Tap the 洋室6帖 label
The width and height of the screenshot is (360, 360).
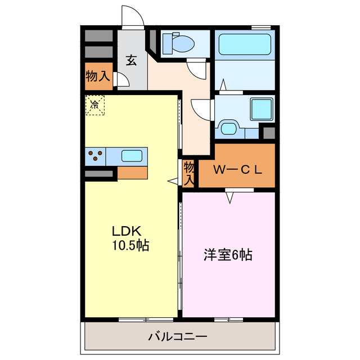pyautogui.click(x=228, y=255)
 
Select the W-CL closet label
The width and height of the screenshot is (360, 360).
pyautogui.click(x=237, y=168)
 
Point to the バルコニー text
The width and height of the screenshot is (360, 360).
pyautogui.click(x=178, y=337)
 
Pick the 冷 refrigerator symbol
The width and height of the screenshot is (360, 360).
pyautogui.click(x=95, y=105)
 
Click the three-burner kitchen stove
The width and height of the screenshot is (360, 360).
pyautogui.click(x=95, y=156)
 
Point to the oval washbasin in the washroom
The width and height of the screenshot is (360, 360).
pyautogui.click(x=229, y=128)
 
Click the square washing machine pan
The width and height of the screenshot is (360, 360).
pyautogui.click(x=262, y=108)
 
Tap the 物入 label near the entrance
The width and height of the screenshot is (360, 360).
pyautogui.click(x=97, y=76)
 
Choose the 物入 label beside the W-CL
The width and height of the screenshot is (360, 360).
pyautogui.click(x=189, y=173)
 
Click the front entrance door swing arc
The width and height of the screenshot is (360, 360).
pyautogui.click(x=133, y=17)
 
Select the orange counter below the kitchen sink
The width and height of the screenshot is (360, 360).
pyautogui.click(x=133, y=173)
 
